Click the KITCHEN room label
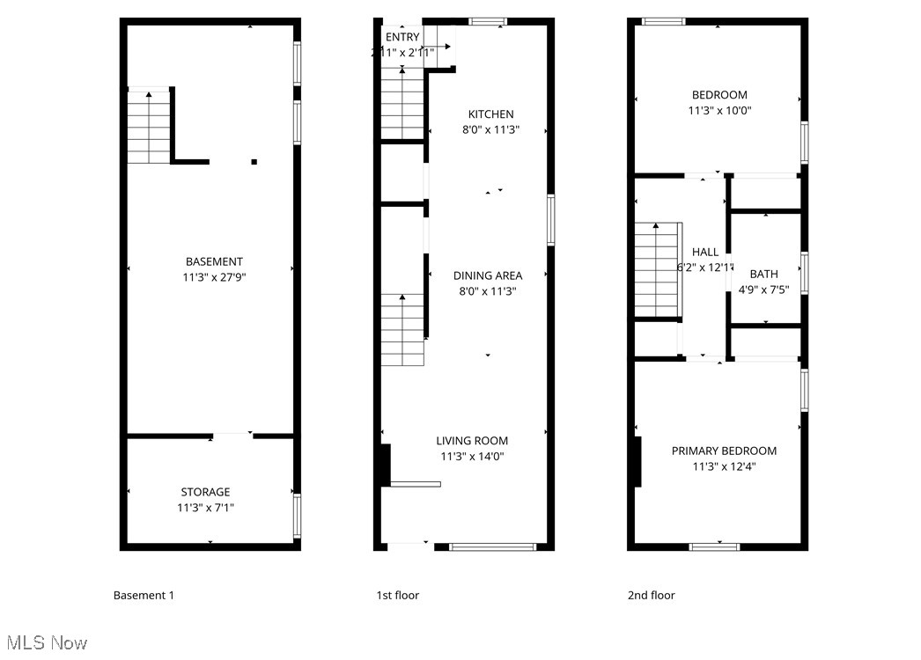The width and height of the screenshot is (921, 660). [490, 114]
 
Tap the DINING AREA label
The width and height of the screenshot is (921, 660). [488, 275]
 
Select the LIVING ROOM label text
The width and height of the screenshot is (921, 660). [472, 441]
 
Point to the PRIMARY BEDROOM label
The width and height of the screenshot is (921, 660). [724, 451]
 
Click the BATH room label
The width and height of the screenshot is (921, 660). [763, 275]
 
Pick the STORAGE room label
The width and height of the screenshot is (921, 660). [205, 492]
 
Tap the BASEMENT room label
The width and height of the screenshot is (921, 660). [214, 261]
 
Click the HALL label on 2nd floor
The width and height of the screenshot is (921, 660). [705, 252]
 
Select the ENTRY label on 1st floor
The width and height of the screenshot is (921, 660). [402, 37]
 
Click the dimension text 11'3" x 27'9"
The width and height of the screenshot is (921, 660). [214, 277]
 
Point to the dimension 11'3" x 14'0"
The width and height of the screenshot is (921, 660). [472, 457]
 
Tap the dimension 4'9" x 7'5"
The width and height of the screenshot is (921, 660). [763, 290]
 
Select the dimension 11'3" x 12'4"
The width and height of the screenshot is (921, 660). [724, 466]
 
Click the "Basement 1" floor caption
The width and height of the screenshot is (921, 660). [144, 595]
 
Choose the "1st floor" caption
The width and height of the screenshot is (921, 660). [398, 595]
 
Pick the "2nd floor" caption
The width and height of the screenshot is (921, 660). [652, 595]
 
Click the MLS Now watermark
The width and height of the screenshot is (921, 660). [44, 642]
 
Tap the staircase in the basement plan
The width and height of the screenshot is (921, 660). [149, 128]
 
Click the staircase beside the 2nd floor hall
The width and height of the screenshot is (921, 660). [658, 270]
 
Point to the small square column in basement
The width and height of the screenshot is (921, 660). [254, 162]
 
